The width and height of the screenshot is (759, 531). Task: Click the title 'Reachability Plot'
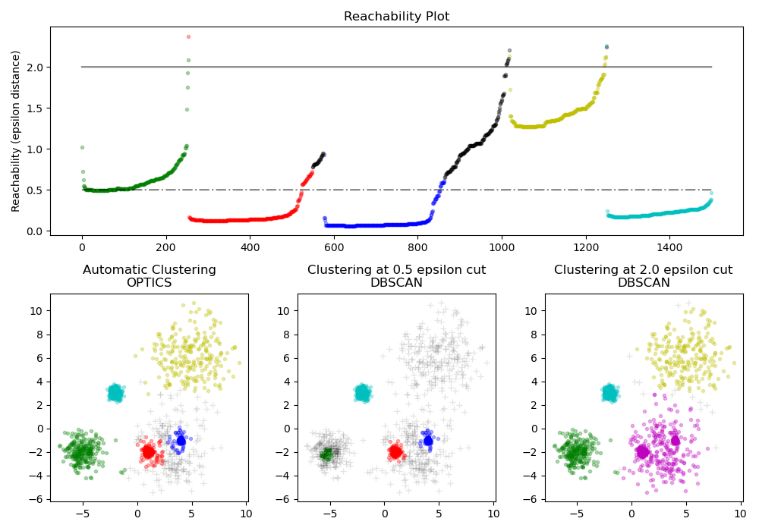396,17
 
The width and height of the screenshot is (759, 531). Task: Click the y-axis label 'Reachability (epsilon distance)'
16,130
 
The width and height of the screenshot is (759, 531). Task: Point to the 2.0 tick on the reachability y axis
35,68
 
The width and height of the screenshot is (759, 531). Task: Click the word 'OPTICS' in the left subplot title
149,283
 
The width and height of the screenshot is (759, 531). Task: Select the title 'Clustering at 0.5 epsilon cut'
396,270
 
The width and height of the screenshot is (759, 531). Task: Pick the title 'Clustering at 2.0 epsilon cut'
643,270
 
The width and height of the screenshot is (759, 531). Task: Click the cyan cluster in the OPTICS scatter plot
115,393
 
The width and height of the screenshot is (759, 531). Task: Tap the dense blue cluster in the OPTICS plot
181,441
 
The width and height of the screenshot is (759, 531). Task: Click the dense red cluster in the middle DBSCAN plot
395,452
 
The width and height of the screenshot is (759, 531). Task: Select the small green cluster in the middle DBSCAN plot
326,454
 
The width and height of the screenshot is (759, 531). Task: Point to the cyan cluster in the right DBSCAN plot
609,393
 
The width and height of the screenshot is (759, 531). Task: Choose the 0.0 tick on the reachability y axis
35,231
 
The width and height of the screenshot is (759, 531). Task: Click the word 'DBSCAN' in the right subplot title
643,283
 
